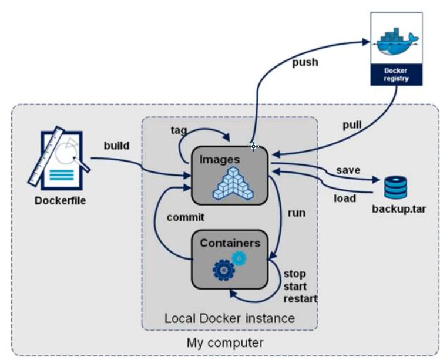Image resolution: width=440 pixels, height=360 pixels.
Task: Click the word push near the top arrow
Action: [305, 62]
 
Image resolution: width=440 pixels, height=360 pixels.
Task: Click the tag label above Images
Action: [179, 130]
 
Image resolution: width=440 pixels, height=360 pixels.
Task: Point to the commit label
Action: [185, 217]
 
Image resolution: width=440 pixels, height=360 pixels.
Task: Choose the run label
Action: [297, 213]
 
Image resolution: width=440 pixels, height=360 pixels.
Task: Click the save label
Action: [348, 170]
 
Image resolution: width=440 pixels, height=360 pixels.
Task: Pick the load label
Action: [345, 198]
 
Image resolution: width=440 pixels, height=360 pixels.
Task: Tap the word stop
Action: [294, 274]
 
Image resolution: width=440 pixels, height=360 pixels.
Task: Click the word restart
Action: [300, 298]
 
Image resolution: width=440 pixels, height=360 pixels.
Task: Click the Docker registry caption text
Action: [395, 75]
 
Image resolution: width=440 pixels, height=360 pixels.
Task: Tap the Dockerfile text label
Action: [60, 200]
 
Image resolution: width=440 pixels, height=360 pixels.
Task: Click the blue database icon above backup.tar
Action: [395, 187]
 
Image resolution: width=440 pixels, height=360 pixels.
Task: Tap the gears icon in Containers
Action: [229, 265]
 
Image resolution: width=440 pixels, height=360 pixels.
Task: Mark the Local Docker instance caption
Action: [230, 318]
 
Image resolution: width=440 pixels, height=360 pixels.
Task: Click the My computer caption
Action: [225, 342]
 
